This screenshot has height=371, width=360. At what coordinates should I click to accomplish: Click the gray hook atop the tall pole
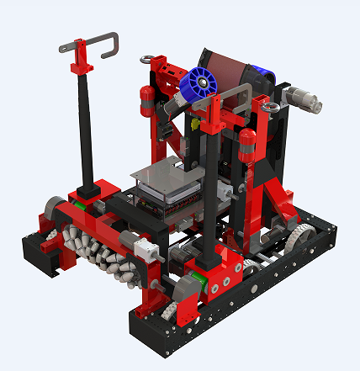click(x=90, y=42)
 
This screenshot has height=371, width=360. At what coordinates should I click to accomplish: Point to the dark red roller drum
click(x=223, y=66)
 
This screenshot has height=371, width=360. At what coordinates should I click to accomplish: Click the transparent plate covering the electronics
click(x=168, y=177)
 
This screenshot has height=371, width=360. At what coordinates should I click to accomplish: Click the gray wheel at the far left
click(x=54, y=209)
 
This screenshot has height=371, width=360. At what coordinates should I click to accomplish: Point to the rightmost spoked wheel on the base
click(x=294, y=240)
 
